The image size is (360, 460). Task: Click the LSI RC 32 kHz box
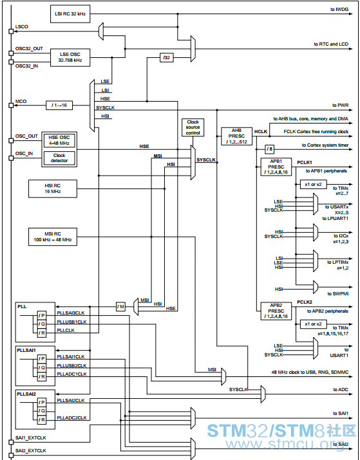pos(70,14)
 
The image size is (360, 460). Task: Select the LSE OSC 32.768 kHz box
pos(70,57)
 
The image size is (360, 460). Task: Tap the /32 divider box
pos(167,57)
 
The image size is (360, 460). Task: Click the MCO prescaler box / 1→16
pos(59,106)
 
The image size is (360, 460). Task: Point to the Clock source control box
pos(193,127)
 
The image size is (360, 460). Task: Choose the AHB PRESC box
pos(236,136)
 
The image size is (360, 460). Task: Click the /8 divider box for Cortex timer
pos(270,149)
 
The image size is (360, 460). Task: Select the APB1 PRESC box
pos(276,167)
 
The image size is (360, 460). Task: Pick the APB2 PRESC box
pos(276,311)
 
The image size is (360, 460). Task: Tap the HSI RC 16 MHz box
pos(53,189)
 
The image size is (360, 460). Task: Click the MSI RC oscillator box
pos(53,237)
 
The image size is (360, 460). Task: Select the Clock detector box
pos(59,158)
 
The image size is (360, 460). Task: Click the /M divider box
pos(120,307)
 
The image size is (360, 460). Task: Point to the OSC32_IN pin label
pos(26,66)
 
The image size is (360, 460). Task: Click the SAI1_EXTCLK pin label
pos(30,437)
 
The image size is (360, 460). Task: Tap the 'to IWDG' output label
pos(339,10)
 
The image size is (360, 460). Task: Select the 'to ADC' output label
pos(341,390)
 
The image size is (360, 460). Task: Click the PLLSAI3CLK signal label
pos(71,313)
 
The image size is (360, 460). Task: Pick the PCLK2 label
pos(305,302)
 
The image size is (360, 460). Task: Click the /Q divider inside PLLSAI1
pos(42,367)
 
